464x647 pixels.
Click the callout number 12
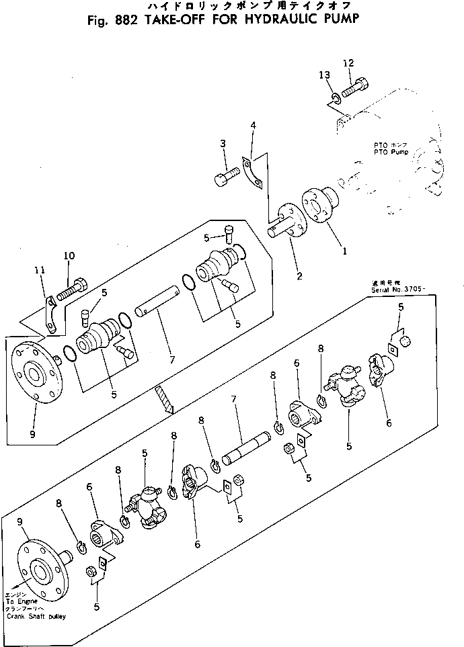[x=348, y=63]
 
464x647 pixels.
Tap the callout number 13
[x=324, y=74]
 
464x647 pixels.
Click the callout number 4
[x=253, y=126]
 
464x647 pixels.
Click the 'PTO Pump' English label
[x=389, y=153]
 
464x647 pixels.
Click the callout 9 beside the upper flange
[x=32, y=434]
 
